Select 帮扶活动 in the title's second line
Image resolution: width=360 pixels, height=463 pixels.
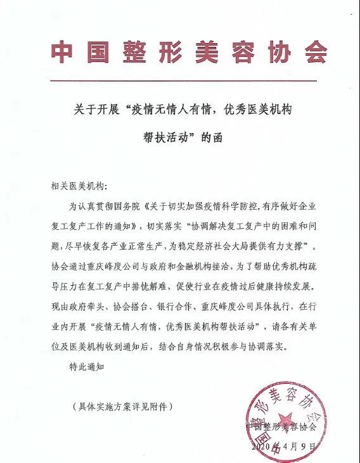coord(165,136)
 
